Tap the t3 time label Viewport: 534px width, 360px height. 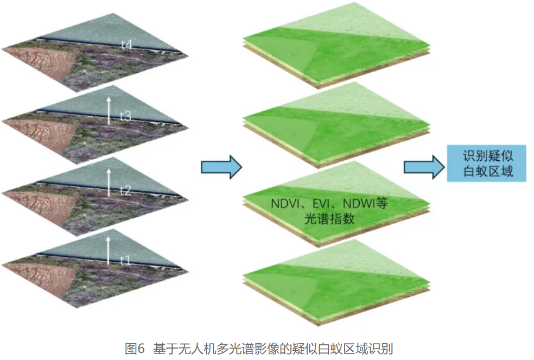click(125, 116)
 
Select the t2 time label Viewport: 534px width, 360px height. click(125, 190)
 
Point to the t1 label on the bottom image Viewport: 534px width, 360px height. click(125, 261)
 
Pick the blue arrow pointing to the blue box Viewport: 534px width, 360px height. click(423, 166)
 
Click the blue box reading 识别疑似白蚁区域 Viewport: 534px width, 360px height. click(486, 163)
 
